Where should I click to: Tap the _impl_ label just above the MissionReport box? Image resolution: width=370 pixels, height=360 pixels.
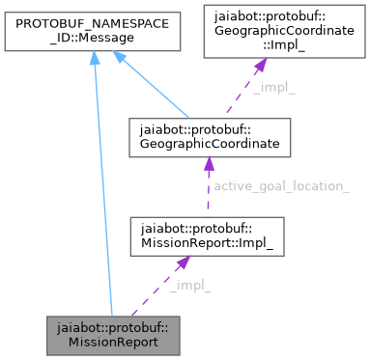[189, 286]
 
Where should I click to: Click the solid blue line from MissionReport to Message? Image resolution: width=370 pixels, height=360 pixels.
[102, 193]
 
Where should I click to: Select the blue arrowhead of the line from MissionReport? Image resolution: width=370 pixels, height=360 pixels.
[94, 61]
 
